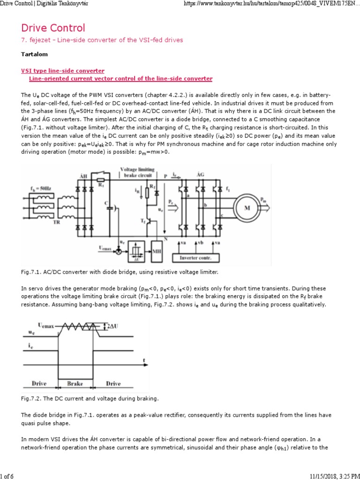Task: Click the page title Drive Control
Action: point(53,28)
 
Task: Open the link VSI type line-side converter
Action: point(62,70)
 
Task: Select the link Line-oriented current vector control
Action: point(120,78)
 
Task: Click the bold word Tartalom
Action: point(35,54)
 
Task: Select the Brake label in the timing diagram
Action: point(75,383)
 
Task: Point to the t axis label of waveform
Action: point(144,360)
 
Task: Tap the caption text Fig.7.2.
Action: point(31,398)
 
